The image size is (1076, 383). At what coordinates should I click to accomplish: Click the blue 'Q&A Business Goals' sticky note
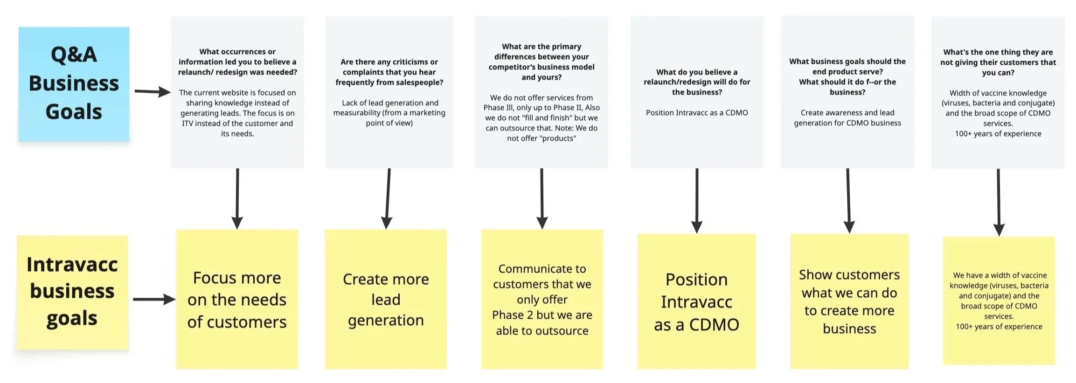tap(74, 84)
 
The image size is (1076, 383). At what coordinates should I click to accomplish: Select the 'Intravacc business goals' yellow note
tap(72, 292)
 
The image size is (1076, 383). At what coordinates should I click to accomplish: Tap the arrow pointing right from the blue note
tap(153, 91)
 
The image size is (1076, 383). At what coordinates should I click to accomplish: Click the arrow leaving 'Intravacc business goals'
tap(153, 299)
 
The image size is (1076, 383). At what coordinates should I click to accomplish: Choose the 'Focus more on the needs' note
tap(237, 299)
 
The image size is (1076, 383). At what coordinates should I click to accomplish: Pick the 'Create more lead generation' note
tap(386, 299)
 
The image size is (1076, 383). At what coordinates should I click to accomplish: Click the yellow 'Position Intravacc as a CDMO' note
tap(696, 301)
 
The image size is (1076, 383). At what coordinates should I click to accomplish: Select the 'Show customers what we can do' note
tap(849, 301)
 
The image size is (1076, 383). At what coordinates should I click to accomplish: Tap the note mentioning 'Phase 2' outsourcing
tap(542, 299)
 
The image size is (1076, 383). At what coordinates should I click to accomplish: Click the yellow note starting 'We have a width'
tap(999, 301)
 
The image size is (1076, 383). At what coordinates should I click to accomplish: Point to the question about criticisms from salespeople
tap(389, 72)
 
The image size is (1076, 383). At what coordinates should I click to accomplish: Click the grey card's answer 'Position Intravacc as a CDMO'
tap(696, 113)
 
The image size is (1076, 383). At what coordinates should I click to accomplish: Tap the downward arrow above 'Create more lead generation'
tap(388, 198)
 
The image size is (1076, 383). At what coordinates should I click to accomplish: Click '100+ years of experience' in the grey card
tap(998, 134)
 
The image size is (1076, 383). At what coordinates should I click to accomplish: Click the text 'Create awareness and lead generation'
tap(847, 118)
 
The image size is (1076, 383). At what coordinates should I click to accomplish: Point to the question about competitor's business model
tap(541, 62)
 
